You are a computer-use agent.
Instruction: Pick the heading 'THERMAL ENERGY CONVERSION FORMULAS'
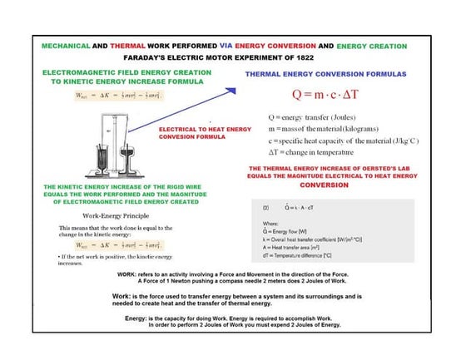click(x=325, y=74)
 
